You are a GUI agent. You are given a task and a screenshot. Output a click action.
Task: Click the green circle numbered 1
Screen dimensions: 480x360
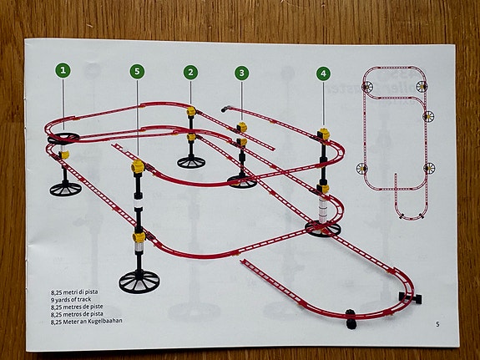[x=63, y=70]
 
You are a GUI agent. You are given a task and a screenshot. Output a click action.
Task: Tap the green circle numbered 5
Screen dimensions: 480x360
[x=137, y=71]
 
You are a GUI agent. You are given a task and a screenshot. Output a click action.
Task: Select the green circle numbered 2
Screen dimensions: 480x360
[x=190, y=73]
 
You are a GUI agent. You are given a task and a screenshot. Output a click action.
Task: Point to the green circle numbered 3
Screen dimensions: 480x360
[x=242, y=73]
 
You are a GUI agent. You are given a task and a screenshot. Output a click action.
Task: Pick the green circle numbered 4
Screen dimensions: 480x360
[x=324, y=74]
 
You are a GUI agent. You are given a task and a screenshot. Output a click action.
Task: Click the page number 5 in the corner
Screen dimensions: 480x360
[x=437, y=324]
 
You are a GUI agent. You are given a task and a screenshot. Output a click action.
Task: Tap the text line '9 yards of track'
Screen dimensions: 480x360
[x=71, y=299]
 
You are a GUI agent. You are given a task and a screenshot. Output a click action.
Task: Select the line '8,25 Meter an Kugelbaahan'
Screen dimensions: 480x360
[x=87, y=321]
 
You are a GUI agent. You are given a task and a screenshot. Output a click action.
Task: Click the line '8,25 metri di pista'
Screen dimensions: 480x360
[x=74, y=292]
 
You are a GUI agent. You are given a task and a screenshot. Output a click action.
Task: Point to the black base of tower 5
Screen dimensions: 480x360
[x=139, y=281]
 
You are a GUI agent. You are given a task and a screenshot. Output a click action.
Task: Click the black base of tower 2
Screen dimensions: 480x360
[x=191, y=162]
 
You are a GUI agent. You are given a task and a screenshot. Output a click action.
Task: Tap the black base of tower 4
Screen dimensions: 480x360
[x=323, y=229]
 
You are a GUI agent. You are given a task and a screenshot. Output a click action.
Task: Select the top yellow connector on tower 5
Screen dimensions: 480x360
[x=138, y=166]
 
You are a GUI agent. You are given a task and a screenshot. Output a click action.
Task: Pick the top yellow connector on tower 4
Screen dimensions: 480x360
[x=324, y=134]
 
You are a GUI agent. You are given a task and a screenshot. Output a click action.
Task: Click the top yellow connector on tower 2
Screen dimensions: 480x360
[x=191, y=111]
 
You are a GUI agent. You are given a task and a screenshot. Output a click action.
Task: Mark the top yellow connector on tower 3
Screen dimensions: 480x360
[x=242, y=127]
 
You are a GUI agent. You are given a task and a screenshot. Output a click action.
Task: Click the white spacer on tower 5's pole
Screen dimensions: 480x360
[x=139, y=204]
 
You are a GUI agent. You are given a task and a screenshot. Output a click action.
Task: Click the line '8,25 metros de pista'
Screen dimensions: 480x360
[x=77, y=314]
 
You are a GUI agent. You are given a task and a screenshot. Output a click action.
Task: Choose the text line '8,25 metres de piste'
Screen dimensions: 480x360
[x=77, y=307]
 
